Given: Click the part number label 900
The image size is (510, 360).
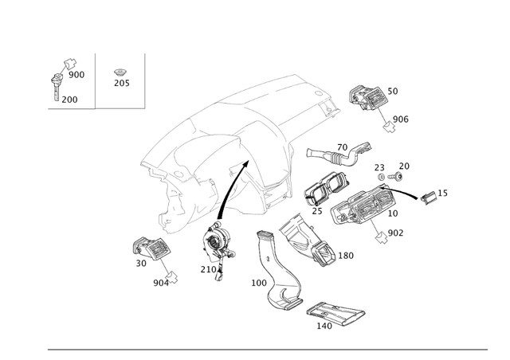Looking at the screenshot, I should coord(76,75).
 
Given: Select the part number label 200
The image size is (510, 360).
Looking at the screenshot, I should coord(69,100).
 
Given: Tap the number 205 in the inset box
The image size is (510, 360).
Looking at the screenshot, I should coord(121,83).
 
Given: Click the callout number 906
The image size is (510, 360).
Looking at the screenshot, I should coord(400,119).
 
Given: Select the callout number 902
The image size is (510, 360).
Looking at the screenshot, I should coord(395,233).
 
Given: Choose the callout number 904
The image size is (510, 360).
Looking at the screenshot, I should coord(161,283).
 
